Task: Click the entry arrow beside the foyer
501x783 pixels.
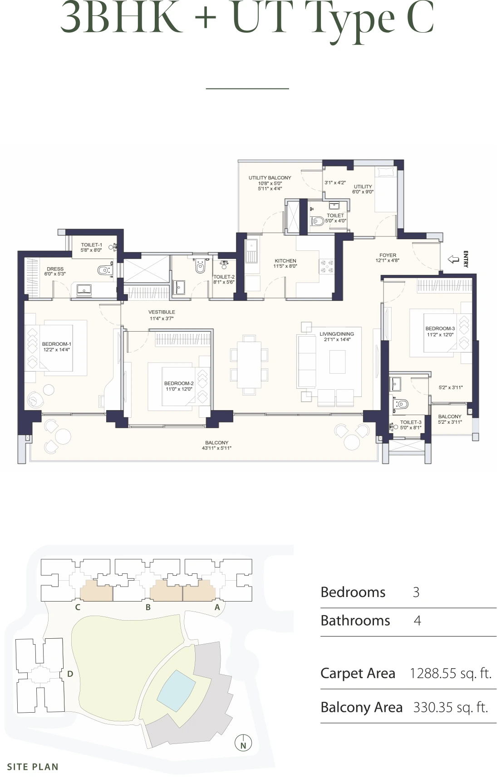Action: click(x=453, y=259)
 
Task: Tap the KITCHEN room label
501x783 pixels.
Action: click(x=285, y=261)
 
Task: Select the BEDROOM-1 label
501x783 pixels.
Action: click(x=56, y=344)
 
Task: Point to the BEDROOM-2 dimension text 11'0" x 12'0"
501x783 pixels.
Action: click(x=179, y=389)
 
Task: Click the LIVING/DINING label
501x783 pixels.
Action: click(x=336, y=334)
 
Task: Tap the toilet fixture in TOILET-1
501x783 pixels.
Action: click(x=105, y=270)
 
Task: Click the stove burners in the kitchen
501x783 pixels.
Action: click(x=327, y=266)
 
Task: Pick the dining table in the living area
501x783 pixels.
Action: click(x=249, y=364)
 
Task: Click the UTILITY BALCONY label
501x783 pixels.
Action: click(x=270, y=178)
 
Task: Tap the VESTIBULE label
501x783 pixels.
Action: click(x=162, y=312)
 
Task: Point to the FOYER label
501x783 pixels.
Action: click(x=388, y=255)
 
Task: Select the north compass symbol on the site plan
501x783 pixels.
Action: click(x=243, y=744)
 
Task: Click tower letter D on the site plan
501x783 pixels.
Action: click(x=70, y=674)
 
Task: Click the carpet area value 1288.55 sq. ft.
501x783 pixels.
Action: click(x=450, y=673)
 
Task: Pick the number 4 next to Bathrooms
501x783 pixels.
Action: click(x=417, y=621)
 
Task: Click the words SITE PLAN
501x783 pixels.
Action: click(x=33, y=767)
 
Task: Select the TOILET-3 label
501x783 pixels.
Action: click(x=410, y=422)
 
